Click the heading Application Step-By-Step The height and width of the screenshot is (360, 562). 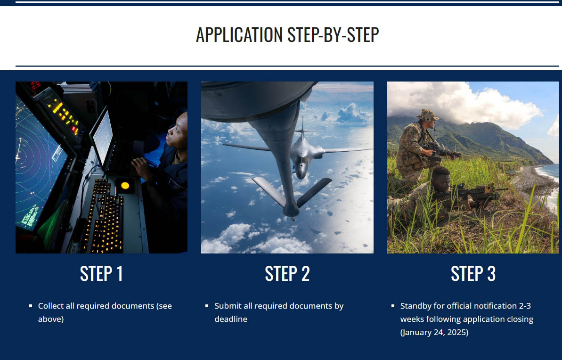click(287, 35)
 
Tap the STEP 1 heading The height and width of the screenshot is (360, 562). click(101, 274)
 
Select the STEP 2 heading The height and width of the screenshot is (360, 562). click(287, 274)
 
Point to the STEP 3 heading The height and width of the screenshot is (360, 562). click(473, 274)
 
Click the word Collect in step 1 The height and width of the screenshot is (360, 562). click(51, 306)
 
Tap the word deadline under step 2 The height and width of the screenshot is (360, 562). click(231, 319)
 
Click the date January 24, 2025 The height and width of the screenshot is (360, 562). click(434, 332)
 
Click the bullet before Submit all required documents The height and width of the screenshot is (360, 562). click(207, 306)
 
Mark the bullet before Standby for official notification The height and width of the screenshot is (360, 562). click(393, 306)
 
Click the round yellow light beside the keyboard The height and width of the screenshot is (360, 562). click(125, 185)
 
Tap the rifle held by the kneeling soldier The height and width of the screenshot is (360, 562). click(440, 151)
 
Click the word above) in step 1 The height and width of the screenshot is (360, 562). click(51, 319)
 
